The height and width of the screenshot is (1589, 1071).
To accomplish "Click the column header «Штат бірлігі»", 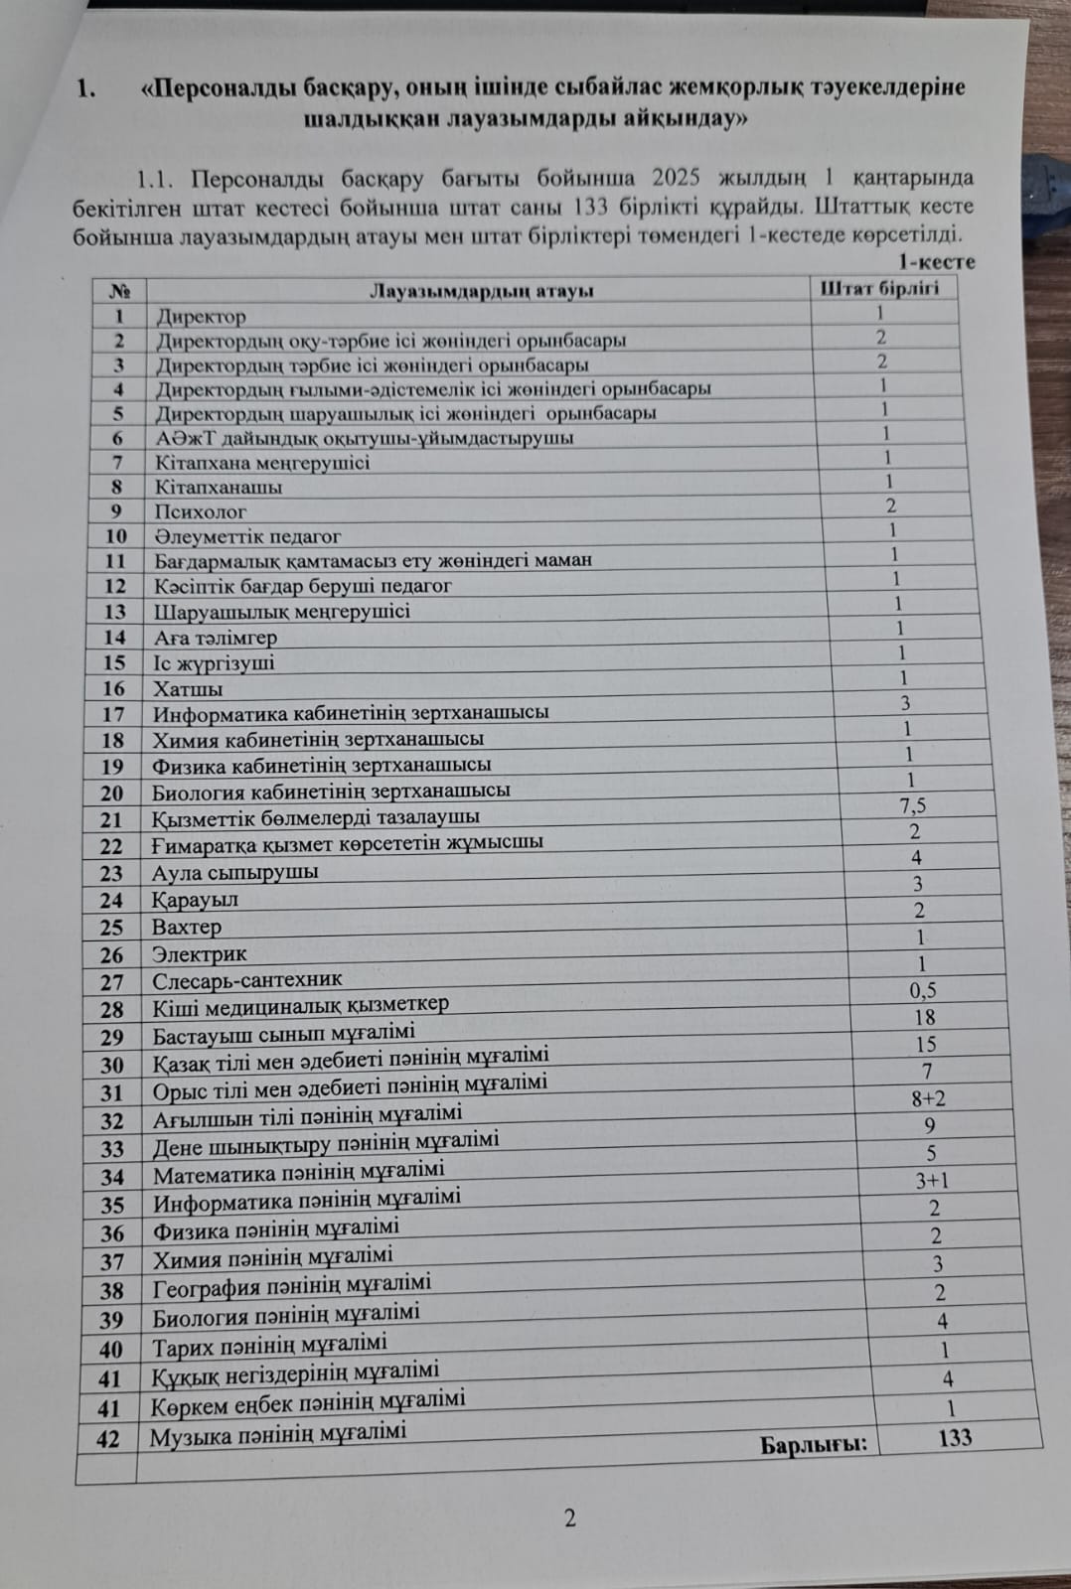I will tap(879, 288).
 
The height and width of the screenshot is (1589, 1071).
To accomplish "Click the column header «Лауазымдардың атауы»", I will tap(482, 291).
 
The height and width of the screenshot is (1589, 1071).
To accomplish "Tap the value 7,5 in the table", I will tap(913, 805).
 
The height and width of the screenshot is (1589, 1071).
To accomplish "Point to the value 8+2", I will tap(928, 1098).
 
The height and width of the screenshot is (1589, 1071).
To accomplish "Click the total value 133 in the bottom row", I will tap(955, 1437).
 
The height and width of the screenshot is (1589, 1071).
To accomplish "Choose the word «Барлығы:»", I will tap(814, 1444).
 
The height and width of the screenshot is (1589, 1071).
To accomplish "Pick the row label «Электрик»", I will tap(199, 953).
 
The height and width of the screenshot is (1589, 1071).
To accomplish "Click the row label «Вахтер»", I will tap(187, 927).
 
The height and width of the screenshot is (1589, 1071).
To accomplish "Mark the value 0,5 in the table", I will tap(922, 990).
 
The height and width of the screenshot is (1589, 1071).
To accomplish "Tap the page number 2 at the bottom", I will tap(569, 1517).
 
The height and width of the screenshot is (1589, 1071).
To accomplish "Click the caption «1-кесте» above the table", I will tap(937, 262).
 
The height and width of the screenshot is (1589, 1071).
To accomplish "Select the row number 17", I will tap(113, 714).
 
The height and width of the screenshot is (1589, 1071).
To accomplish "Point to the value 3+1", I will tap(932, 1181).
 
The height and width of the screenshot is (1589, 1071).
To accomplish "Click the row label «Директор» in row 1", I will tap(201, 317).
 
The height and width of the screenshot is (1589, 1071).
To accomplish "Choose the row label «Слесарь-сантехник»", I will tap(246, 980).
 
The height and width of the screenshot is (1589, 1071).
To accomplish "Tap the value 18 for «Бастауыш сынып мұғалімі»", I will tap(924, 1017).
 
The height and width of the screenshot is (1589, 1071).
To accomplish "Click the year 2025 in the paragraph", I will tap(676, 179).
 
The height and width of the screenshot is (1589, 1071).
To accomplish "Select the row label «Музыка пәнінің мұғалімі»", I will tap(277, 1435).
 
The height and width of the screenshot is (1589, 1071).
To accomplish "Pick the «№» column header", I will tap(119, 291).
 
